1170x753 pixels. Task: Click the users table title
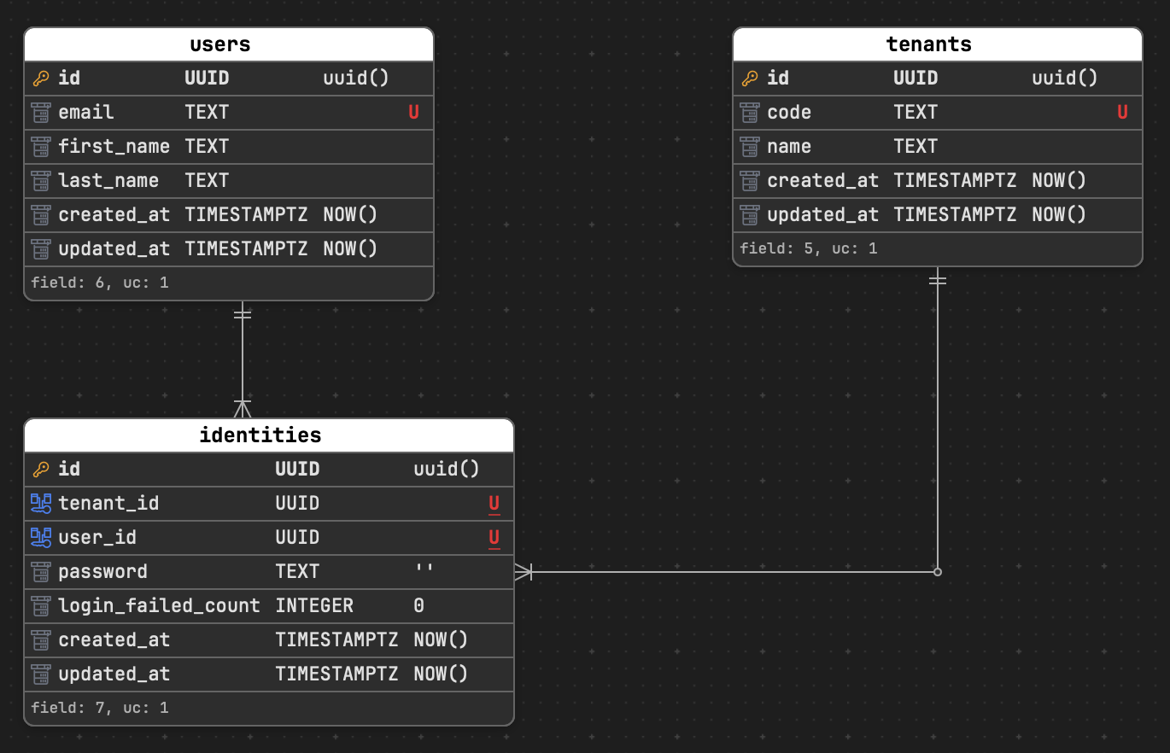219,44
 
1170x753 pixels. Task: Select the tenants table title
928,44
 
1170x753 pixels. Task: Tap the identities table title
260,435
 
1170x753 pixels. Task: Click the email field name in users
85,113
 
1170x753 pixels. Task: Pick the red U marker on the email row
413,113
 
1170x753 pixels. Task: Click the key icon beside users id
40,79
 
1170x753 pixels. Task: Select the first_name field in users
114,147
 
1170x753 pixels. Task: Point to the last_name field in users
108,181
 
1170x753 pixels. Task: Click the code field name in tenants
789,113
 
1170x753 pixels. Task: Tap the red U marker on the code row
1122,113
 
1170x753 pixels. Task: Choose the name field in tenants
789,147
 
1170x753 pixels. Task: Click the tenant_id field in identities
108,504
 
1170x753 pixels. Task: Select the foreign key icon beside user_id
40,538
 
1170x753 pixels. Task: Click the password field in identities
102,572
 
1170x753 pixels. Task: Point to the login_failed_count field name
159,606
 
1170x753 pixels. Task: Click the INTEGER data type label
313,606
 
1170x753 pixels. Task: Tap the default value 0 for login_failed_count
418,606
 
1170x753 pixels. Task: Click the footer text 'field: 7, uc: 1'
99,708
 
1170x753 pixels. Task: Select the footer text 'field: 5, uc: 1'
808,248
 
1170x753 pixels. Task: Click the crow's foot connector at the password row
524,572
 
